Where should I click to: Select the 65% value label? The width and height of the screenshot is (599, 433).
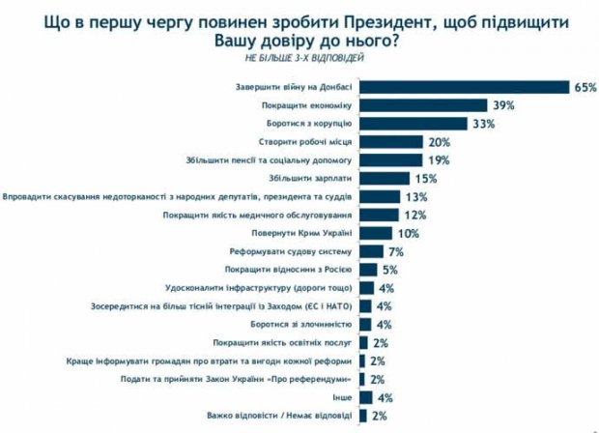click(x=585, y=87)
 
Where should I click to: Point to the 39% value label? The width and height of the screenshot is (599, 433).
click(x=501, y=105)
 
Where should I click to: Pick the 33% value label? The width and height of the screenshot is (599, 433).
click(x=484, y=124)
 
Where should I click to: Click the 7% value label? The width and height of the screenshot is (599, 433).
click(x=394, y=251)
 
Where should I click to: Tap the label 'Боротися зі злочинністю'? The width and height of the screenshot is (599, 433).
click(x=305, y=324)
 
